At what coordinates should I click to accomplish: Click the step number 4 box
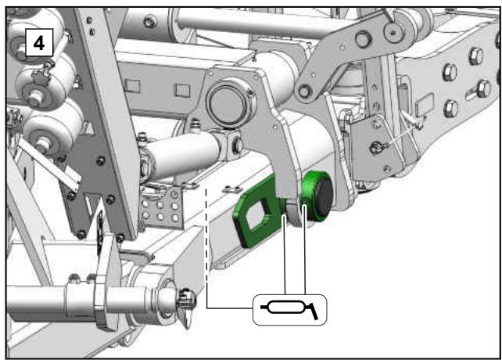pyautogui.click(x=39, y=42)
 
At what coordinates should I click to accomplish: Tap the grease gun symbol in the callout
pyautogui.click(x=290, y=309)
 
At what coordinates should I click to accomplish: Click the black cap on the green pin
pyautogui.click(x=324, y=198)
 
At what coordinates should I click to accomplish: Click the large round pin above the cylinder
pyautogui.click(x=228, y=103)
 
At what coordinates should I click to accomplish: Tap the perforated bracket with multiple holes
pyautogui.click(x=161, y=208)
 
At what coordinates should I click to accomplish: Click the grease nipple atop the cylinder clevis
pyautogui.click(x=195, y=124)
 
